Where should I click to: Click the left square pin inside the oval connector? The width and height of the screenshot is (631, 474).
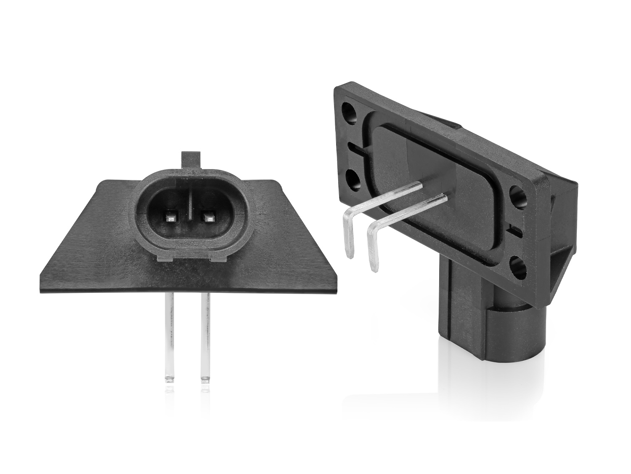tap(171, 217)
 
